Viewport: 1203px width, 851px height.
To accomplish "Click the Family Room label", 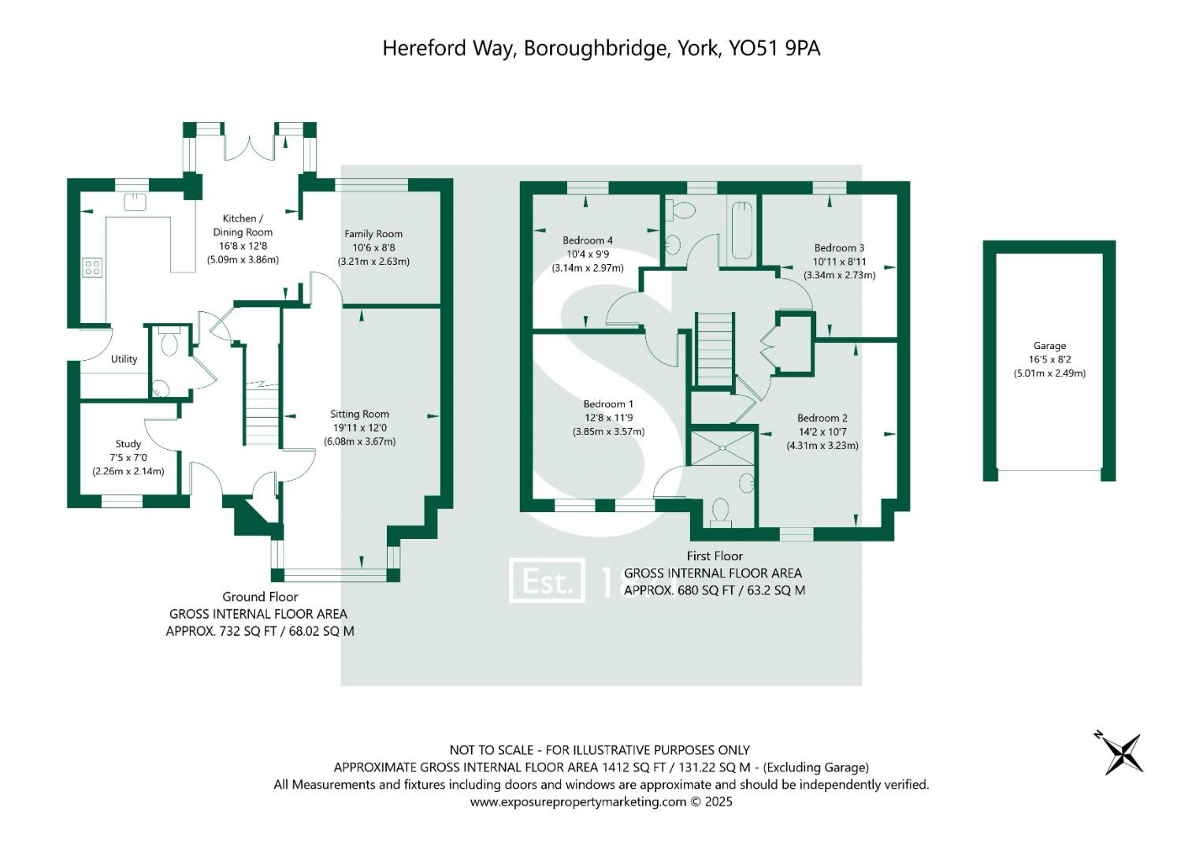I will (x=373, y=234).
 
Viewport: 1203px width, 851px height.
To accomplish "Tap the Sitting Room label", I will (x=359, y=414).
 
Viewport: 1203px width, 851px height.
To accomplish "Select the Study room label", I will (x=128, y=444).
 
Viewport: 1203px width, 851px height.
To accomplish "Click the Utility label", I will (x=124, y=359).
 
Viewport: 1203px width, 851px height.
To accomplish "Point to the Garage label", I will (x=1049, y=346).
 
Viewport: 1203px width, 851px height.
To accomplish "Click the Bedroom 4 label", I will (x=588, y=241).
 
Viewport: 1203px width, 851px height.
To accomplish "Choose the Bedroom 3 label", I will (x=839, y=248).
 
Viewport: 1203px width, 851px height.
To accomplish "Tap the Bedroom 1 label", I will (x=608, y=404).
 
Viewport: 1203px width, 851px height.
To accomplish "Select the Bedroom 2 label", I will (x=822, y=418).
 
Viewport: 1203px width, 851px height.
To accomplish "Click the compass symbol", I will (x=1119, y=753).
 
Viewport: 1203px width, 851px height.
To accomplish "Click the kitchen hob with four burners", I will (x=92, y=268).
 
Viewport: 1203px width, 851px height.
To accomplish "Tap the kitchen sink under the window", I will (x=135, y=203).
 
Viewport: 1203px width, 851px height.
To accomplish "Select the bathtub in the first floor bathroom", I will (x=742, y=231).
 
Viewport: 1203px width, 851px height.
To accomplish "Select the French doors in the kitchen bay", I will (x=250, y=147).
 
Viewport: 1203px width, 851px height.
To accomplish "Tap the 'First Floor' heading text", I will (x=715, y=556).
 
